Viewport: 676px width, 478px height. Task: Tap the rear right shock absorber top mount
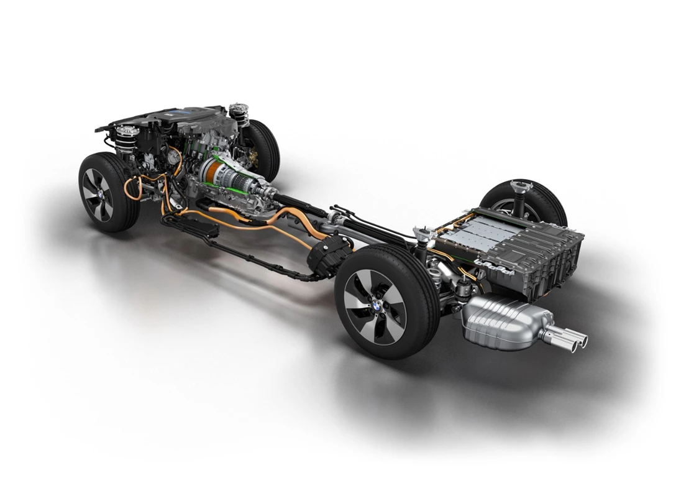[516, 186]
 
